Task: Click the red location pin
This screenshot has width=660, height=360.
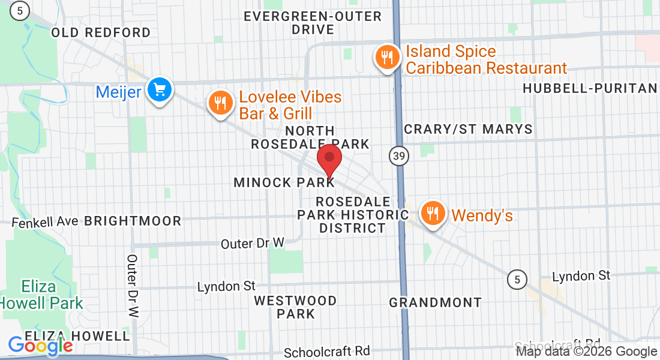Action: coord(329,160)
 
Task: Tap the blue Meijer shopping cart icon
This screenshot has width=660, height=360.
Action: coord(160,91)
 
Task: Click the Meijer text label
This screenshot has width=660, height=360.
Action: coord(118,92)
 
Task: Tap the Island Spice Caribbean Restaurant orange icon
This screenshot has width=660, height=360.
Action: coord(388,58)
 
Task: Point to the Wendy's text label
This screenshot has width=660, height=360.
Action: coord(482,215)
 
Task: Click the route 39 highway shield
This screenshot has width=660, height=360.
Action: coord(398,157)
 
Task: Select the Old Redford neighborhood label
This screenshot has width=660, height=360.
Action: coord(101,32)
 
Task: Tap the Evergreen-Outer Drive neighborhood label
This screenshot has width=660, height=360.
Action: coord(313,23)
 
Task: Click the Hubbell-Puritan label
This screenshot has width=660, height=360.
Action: coord(590,89)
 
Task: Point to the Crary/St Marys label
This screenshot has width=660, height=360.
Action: coord(468,129)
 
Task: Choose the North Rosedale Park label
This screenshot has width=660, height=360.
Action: coord(310,137)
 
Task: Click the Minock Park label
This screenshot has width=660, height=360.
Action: coord(284,182)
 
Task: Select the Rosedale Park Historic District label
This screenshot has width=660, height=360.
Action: coord(352,214)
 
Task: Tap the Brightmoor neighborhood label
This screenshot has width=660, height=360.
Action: coord(133,221)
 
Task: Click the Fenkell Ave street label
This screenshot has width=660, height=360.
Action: coord(45,221)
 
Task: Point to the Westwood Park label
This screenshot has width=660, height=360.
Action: coord(295,307)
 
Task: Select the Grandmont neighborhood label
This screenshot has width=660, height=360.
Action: coord(435,302)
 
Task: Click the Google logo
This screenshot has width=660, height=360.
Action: coord(41,345)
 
